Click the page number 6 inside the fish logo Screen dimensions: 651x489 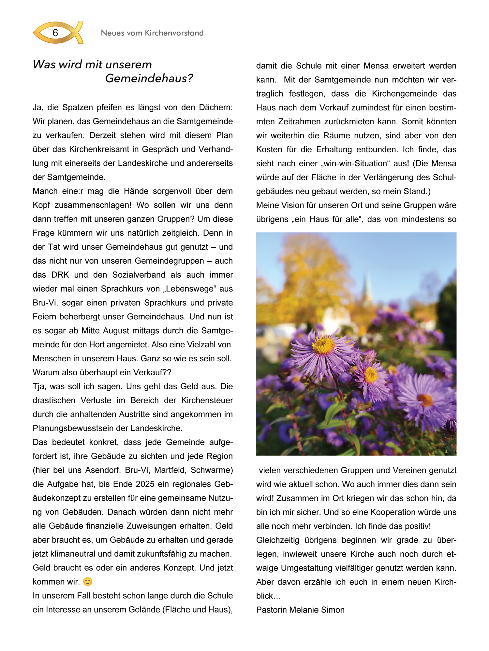coord(55,33)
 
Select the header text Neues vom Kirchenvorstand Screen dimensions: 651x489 coord(152,33)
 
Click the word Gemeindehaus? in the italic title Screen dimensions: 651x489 coord(149,78)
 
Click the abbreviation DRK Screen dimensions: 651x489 coord(60,275)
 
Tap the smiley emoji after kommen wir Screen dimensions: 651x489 coord(88,582)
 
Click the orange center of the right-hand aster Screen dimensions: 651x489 coord(425,400)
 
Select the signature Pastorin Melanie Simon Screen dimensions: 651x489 coord(300,610)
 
